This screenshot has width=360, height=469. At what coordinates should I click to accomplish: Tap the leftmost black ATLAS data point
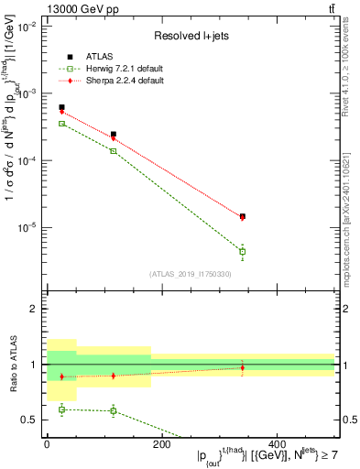pos(61,107)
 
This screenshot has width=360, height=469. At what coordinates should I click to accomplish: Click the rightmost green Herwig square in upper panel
pos(242,251)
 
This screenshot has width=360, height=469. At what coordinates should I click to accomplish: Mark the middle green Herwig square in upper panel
pos(113,150)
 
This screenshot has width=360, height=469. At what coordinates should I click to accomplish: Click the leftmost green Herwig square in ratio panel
pos(61,409)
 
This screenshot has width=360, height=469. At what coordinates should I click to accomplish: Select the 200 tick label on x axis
pos(161,443)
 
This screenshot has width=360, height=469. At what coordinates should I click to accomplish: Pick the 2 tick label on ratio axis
pos(34,309)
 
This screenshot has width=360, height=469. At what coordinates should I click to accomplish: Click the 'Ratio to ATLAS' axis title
pos(12,363)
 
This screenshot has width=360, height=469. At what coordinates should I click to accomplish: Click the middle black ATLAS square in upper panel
pos(113,134)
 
